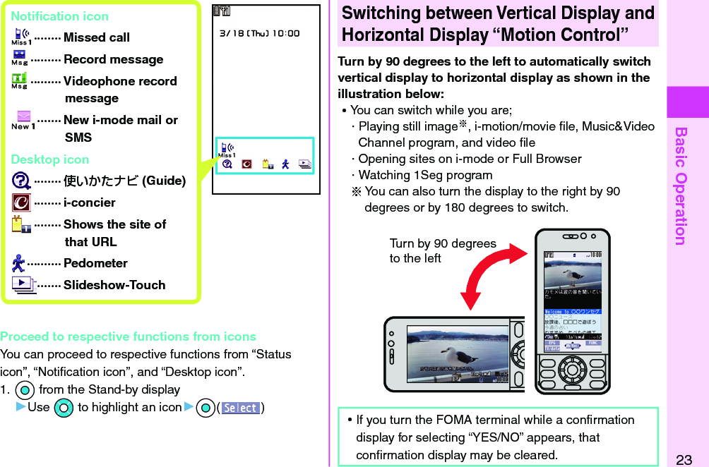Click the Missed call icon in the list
click(20, 37)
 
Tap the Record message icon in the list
click(20, 59)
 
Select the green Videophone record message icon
click(20, 80)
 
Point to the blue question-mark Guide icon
click(21, 181)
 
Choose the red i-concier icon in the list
click(21, 202)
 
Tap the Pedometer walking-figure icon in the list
click(19, 263)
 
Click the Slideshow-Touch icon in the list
click(22, 285)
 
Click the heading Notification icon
click(60, 16)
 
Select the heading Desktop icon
click(50, 159)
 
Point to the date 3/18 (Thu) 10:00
click(259, 33)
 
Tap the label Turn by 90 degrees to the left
click(442, 250)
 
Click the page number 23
click(684, 460)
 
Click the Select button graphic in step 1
click(240, 408)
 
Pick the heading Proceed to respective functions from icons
click(129, 336)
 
